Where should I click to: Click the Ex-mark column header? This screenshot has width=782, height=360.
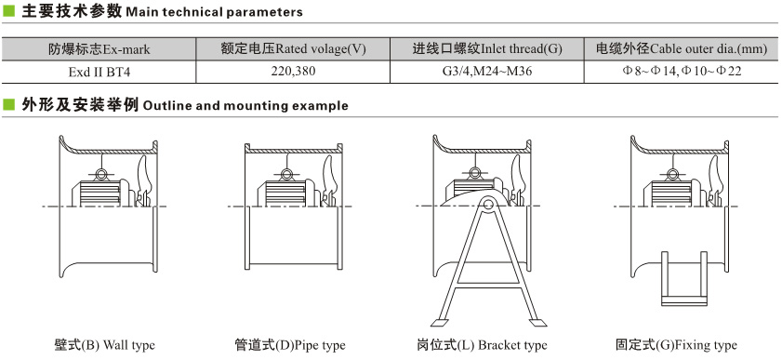(99, 49)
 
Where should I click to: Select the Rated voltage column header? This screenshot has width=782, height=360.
(293, 49)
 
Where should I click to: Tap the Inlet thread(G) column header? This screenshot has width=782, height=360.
(487, 49)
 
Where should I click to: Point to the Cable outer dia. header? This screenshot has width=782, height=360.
(682, 49)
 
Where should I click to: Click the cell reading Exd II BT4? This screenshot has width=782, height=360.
(99, 72)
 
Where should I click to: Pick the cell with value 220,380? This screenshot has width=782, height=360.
(293, 72)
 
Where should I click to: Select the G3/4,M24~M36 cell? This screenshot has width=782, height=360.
(487, 72)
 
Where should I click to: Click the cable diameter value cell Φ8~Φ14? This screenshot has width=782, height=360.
(682, 72)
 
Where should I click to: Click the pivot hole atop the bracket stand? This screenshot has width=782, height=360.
(487, 204)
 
